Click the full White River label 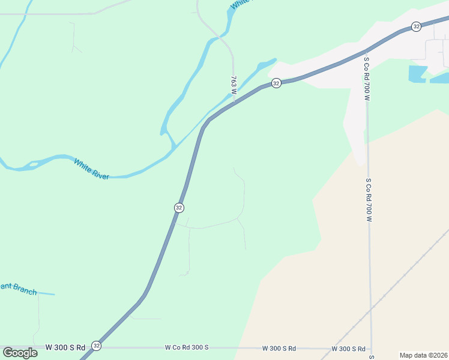coord(91,169)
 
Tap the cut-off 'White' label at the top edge coord(241,4)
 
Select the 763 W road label coord(234,85)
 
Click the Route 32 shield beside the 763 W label coord(276,83)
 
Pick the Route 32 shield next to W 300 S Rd coord(97,346)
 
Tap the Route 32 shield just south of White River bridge coord(179,207)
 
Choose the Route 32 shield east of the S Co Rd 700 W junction coord(416,26)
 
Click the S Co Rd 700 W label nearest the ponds coord(366,77)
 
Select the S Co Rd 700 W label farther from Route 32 coord(369,200)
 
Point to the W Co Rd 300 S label coord(187,347)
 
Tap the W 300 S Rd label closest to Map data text coord(349,349)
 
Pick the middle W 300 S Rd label coord(279,348)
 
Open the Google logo coord(20,352)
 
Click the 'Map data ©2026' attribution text coord(423,355)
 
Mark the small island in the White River coord(34,163)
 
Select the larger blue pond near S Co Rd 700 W coord(418,74)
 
